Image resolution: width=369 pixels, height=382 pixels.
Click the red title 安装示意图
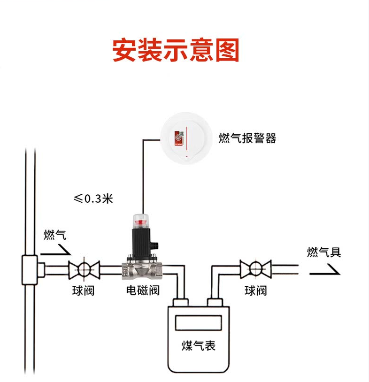point(176,50)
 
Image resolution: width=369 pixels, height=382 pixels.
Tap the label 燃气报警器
point(247,138)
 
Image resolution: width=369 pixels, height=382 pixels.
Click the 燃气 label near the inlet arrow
point(54,235)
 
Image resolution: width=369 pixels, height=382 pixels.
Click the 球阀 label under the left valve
point(83,290)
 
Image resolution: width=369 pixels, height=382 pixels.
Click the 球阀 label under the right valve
point(256,290)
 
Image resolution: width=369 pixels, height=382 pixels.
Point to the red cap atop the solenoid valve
point(141,218)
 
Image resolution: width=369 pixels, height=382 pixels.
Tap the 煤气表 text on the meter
point(198,346)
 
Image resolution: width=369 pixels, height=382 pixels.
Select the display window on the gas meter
point(198,323)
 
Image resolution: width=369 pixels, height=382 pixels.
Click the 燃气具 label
point(323,252)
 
